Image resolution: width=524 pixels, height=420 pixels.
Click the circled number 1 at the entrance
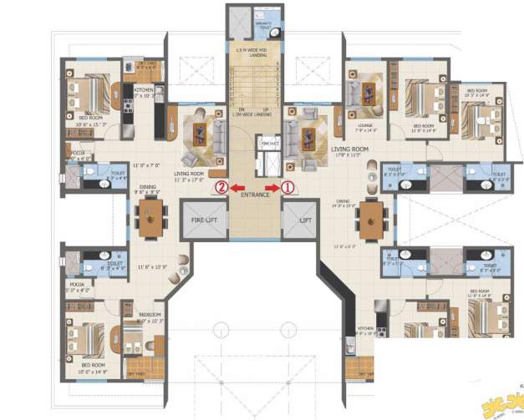pyautogui.click(x=288, y=188)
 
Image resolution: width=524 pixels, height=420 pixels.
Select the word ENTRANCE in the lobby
pyautogui.click(x=255, y=195)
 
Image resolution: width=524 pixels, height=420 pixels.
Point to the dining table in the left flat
pyautogui.click(x=150, y=220)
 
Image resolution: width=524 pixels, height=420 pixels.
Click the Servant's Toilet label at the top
pyautogui.click(x=265, y=26)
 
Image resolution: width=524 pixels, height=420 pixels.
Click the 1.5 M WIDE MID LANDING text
pyautogui.click(x=255, y=53)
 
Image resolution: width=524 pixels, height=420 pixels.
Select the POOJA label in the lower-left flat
pyautogui.click(x=77, y=285)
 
